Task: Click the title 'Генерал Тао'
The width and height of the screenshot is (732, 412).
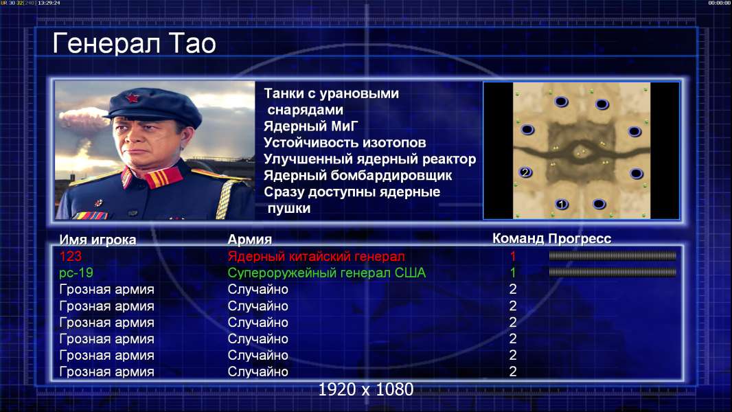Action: (134, 43)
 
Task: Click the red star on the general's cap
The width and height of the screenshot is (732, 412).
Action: (132, 98)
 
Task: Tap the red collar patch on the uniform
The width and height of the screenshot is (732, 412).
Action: (163, 178)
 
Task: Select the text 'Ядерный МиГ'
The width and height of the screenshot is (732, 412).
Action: (311, 126)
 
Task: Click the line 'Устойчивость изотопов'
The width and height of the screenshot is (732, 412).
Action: (345, 142)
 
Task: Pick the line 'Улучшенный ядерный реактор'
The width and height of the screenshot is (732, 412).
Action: (369, 159)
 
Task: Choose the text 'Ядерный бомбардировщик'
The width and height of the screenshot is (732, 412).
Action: (358, 175)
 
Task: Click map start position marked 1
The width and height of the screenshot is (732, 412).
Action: (562, 204)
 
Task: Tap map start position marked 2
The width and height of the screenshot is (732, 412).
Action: (525, 172)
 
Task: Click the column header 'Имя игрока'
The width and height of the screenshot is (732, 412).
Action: (98, 240)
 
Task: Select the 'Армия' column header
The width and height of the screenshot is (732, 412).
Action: (250, 240)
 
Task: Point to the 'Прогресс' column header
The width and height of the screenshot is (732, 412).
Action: (580, 238)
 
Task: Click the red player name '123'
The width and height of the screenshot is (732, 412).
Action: (71, 256)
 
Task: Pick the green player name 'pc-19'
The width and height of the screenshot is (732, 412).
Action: (76, 273)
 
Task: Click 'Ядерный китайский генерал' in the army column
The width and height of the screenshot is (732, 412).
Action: (316, 256)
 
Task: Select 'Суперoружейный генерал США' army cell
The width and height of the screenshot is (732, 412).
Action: (327, 273)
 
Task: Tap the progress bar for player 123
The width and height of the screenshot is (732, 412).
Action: (613, 255)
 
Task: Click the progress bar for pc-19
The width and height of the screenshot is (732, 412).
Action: (613, 272)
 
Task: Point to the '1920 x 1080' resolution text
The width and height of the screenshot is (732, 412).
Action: (366, 389)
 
